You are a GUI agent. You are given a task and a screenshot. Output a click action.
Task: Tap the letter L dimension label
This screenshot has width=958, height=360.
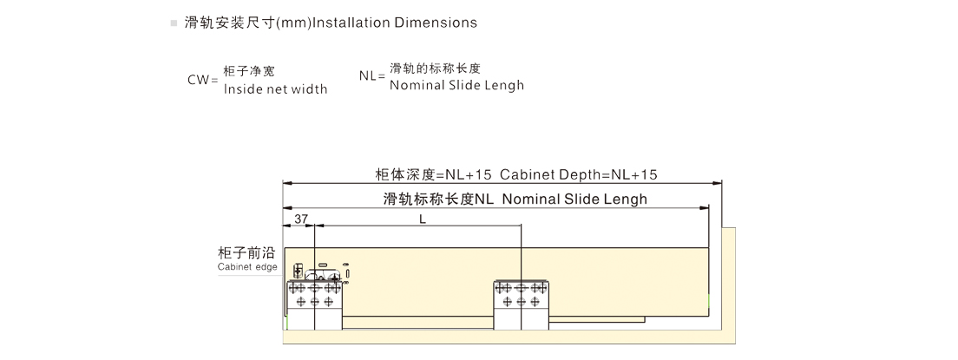[423, 219]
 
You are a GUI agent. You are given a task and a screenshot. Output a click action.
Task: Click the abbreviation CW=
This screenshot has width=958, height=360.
[202, 80]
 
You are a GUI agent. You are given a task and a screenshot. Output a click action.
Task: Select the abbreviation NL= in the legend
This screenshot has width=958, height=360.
[371, 75]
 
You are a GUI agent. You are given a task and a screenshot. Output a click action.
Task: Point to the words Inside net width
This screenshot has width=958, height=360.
[275, 88]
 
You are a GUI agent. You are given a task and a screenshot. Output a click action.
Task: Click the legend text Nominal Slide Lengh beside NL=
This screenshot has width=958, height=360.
[456, 85]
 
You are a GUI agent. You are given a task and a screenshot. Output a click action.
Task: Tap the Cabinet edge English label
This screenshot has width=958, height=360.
[247, 267]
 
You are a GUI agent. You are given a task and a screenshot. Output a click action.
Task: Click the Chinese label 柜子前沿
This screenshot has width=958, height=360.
[247, 253]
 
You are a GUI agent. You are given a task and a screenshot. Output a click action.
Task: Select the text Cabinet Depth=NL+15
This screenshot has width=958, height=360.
[579, 173]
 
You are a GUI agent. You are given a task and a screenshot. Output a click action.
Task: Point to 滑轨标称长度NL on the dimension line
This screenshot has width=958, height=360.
[438, 199]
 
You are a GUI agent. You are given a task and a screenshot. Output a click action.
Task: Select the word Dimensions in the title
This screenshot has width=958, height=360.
[436, 23]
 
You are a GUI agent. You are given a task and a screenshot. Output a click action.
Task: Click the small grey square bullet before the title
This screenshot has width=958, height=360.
[174, 23]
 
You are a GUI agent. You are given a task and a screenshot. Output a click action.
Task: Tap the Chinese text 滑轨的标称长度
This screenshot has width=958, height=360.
[435, 69]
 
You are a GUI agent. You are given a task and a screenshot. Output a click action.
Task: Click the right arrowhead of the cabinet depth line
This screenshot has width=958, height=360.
[718, 183]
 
